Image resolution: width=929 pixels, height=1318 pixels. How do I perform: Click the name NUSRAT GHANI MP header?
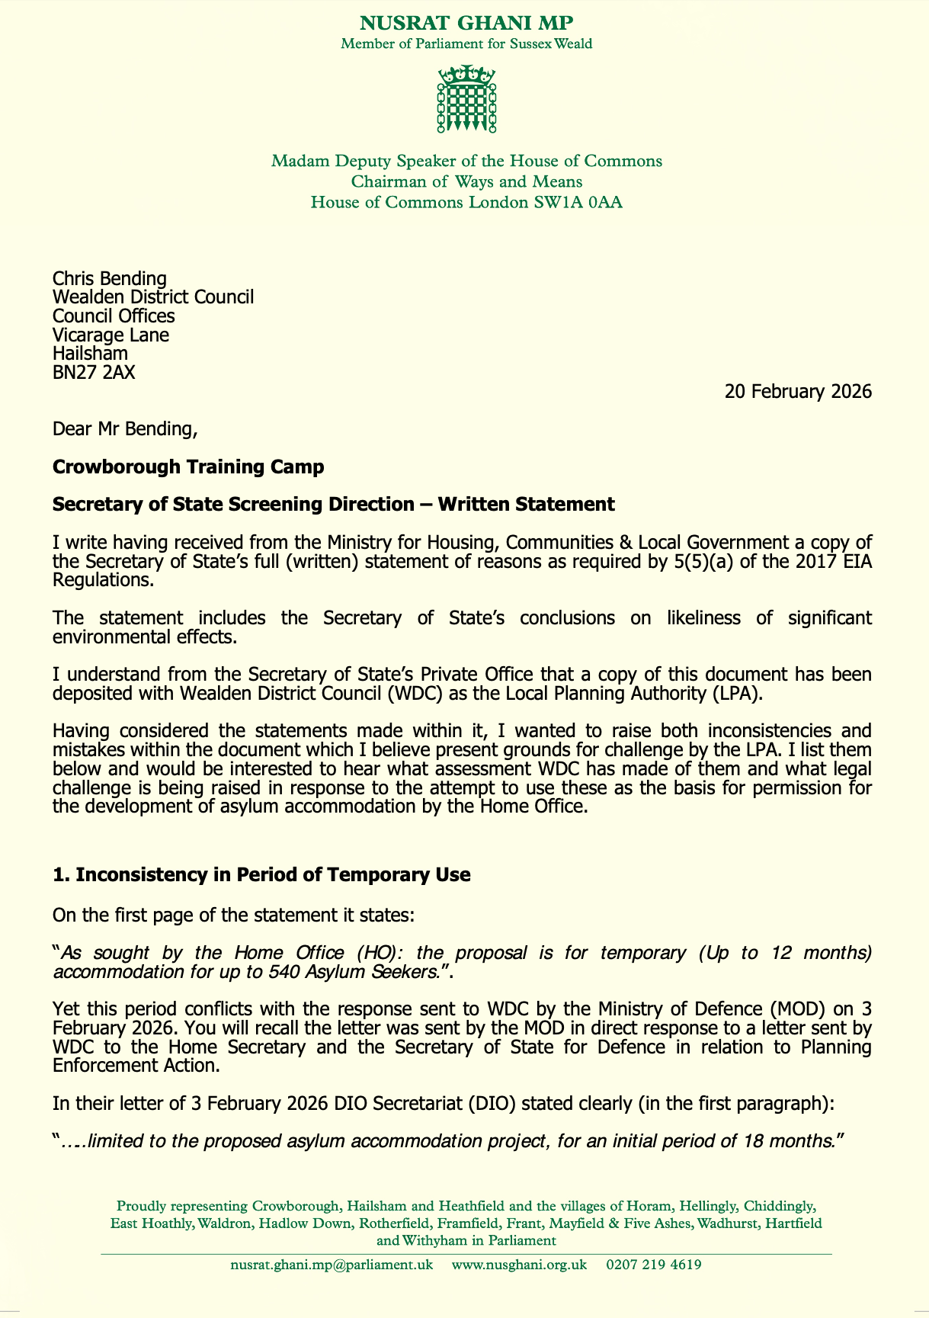tap(466, 23)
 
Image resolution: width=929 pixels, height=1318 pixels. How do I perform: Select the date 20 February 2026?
tap(798, 392)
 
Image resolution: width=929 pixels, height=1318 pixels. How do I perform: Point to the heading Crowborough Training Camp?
tap(188, 467)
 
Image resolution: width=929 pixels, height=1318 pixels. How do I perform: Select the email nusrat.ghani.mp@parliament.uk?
tap(332, 1265)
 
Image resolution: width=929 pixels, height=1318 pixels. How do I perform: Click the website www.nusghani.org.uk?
tap(519, 1265)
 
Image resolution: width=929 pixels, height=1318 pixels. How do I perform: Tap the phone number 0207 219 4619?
tap(654, 1265)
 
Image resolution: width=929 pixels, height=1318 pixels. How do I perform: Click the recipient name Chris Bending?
tap(109, 279)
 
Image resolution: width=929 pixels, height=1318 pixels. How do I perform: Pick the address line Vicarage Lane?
tap(111, 335)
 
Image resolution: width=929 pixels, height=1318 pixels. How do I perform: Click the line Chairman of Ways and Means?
tap(466, 182)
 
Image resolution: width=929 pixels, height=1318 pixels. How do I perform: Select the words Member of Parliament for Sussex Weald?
tap(466, 43)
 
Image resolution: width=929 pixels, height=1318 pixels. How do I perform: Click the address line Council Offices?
tap(114, 316)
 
